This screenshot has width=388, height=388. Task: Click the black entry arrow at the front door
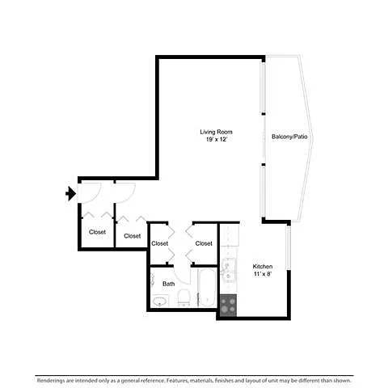pyautogui.click(x=71, y=193)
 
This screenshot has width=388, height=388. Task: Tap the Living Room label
pyautogui.click(x=216, y=132)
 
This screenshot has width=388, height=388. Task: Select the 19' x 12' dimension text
pyautogui.click(x=217, y=139)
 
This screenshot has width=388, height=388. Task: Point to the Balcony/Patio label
pyautogui.click(x=289, y=137)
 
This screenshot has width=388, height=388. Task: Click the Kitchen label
pyautogui.click(x=263, y=267)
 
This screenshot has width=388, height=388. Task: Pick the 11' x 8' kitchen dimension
pyautogui.click(x=263, y=274)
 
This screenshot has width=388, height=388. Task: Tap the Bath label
pyautogui.click(x=168, y=284)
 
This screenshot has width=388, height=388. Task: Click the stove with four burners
pyautogui.click(x=228, y=306)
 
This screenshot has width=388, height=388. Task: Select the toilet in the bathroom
pyautogui.click(x=184, y=297)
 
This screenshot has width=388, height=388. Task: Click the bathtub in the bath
pyautogui.click(x=207, y=288)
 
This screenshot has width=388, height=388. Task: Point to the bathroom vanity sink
pyautogui.click(x=160, y=301)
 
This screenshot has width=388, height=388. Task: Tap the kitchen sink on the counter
pyautogui.click(x=229, y=270)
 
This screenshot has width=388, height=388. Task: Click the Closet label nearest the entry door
pyautogui.click(x=97, y=232)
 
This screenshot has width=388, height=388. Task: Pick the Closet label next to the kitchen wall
pyautogui.click(x=204, y=243)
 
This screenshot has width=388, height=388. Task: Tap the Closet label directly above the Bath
pyautogui.click(x=160, y=243)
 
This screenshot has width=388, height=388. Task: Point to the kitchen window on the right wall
pyautogui.click(x=289, y=248)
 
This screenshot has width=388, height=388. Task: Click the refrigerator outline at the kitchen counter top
pyautogui.click(x=230, y=235)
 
